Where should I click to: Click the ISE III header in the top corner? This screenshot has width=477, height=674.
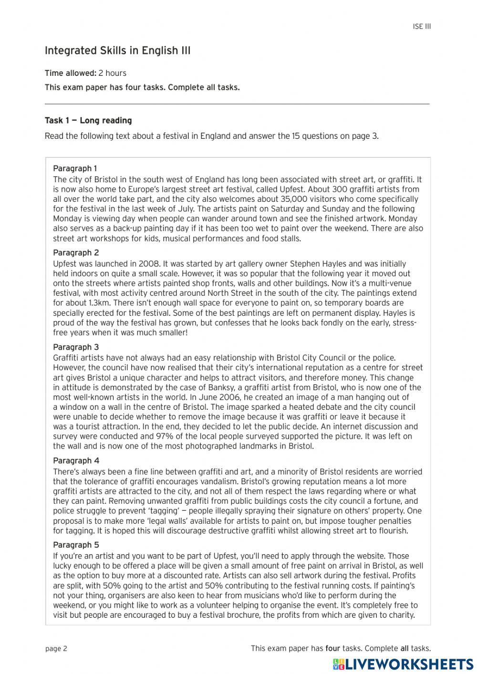[422, 27]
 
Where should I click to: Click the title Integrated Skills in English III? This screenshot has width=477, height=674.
[117, 51]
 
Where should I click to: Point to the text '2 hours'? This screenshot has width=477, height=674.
[113, 73]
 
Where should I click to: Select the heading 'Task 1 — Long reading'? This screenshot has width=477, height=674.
[88, 121]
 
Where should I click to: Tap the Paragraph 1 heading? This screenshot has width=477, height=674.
[75, 168]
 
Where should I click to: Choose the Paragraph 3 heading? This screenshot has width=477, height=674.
[76, 347]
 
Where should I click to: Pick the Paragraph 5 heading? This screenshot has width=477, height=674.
[76, 545]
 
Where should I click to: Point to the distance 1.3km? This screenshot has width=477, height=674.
[101, 303]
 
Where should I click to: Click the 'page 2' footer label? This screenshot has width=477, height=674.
[56, 648]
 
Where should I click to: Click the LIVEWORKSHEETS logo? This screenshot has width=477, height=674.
[403, 664]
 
